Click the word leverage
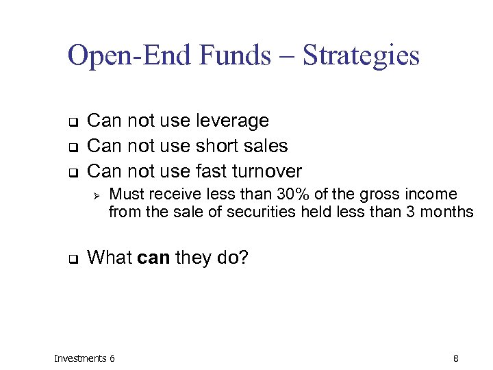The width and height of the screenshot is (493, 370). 232,121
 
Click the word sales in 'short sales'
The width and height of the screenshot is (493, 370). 267,146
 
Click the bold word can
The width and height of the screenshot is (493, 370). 154,258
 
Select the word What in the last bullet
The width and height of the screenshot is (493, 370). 110,258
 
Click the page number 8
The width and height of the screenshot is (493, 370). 456,358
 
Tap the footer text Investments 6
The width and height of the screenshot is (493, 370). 84,358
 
